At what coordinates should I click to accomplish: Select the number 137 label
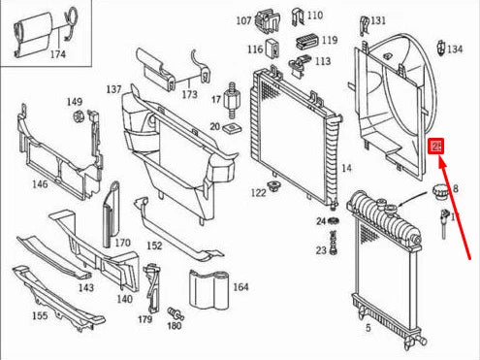coord(114,89)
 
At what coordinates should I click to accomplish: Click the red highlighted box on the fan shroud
coord(436,147)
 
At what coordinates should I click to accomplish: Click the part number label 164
coord(240,287)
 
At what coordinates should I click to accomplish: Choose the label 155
coord(39,315)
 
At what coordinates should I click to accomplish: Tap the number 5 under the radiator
coord(367,329)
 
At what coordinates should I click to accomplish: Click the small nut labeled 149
coord(76,119)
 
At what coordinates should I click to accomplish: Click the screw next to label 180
coord(177,313)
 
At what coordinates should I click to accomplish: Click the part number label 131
coord(377,20)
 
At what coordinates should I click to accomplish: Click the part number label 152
coord(154,246)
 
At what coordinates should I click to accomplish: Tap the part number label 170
coord(122,243)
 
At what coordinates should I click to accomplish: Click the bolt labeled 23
coord(336,248)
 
